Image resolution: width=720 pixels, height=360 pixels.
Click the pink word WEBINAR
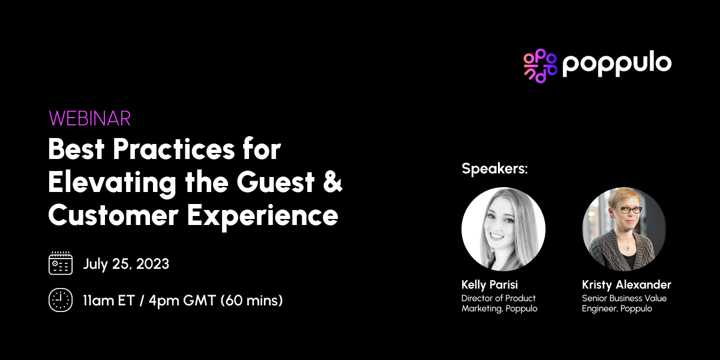pyautogui.click(x=90, y=118)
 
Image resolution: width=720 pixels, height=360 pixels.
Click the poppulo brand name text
pyautogui.click(x=617, y=64)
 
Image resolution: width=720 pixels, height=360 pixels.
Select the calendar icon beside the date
pyautogui.click(x=60, y=263)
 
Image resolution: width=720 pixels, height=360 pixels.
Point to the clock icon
pyautogui.click(x=60, y=300)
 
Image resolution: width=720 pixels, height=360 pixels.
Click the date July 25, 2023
pyautogui.click(x=126, y=264)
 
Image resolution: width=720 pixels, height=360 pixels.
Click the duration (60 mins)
pyautogui.click(x=251, y=300)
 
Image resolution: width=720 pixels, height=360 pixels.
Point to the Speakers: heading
pyautogui.click(x=494, y=169)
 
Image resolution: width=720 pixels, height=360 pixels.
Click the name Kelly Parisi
pyautogui.click(x=489, y=284)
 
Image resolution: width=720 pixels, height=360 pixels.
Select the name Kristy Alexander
pyautogui.click(x=626, y=284)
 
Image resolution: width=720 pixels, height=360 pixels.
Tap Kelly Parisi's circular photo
pyautogui.click(x=503, y=229)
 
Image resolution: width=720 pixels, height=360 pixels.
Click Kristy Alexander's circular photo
pyautogui.click(x=624, y=229)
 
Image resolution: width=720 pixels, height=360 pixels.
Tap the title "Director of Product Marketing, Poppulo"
pyautogui.click(x=499, y=304)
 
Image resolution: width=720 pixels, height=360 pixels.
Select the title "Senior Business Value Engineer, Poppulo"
pyautogui.click(x=624, y=304)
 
